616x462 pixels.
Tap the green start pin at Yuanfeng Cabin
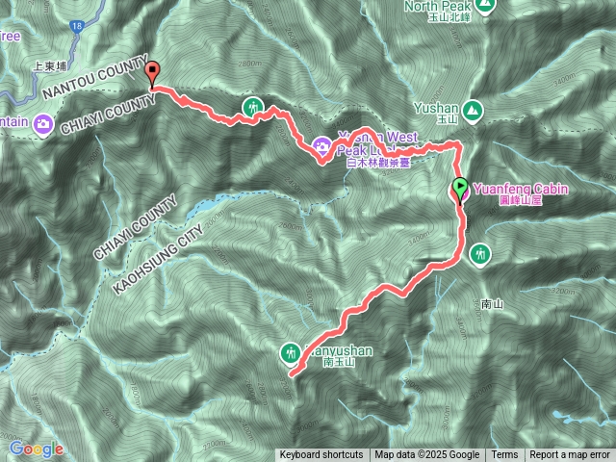tap(460, 189)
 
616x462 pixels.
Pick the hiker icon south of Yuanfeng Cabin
tap(480, 254)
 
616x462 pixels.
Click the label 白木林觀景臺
tap(377, 164)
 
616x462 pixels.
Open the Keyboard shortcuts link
tap(321, 454)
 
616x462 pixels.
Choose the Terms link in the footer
tap(504, 454)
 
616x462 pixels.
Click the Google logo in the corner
tap(37, 449)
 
